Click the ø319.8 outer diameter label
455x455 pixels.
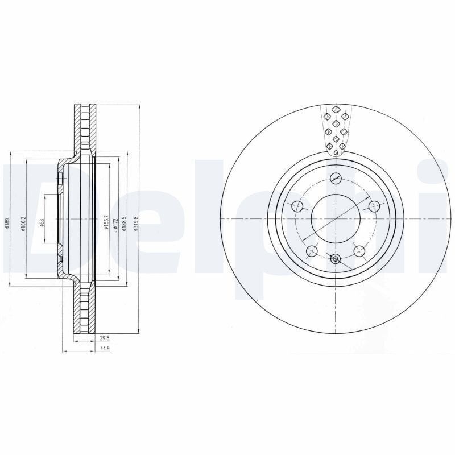135,220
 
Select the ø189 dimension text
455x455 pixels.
6,220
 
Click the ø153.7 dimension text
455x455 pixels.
106,220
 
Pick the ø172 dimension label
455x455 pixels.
115,220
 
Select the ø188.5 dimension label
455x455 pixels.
123,220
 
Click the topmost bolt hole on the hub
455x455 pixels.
336,178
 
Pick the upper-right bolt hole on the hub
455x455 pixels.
374,206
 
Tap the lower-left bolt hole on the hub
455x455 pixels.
311,251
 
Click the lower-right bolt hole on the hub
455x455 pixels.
359,251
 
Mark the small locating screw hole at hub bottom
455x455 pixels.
335,259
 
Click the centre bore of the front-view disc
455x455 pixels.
335,219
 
